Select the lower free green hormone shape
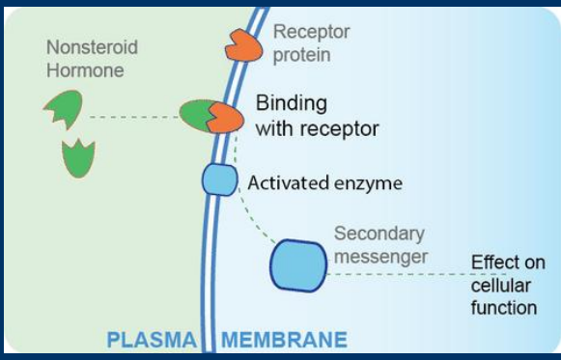pyautogui.click(x=78, y=157)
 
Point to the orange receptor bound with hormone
pyautogui.click(x=224, y=118)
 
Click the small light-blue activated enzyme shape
pyautogui.click(x=218, y=180)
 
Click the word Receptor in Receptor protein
pyautogui.click(x=311, y=33)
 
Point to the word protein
pyautogui.click(x=301, y=54)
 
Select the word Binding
pyautogui.click(x=291, y=103)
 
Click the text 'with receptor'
pyautogui.click(x=317, y=126)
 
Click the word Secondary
pyautogui.click(x=378, y=234)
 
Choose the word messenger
pyautogui.click(x=379, y=256)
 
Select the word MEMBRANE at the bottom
pyautogui.click(x=284, y=340)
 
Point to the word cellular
pyautogui.click(x=499, y=286)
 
